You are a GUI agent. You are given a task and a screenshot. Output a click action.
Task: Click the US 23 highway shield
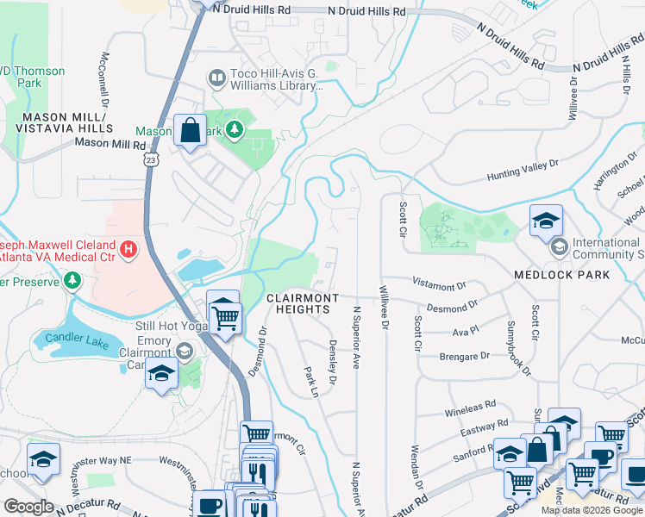pos(152,160)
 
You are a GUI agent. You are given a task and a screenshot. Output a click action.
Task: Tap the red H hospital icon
pos(128,250)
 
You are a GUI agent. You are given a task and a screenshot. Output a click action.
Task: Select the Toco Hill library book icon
pos(216,79)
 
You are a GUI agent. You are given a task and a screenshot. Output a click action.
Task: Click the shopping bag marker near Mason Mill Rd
pos(190,132)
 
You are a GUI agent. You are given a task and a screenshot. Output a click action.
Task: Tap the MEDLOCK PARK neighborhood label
pos(561,275)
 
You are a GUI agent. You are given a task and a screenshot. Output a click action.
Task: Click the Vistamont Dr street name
pos(439,283)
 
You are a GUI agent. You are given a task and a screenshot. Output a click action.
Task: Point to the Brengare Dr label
pos(464,356)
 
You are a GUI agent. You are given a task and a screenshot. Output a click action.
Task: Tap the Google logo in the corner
pos(28,507)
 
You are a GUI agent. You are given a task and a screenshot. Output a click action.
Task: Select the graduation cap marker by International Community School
pos(545,221)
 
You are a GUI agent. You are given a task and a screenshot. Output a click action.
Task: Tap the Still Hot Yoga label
pos(172,327)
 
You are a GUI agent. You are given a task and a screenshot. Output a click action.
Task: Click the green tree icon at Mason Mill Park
pos(233,131)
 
